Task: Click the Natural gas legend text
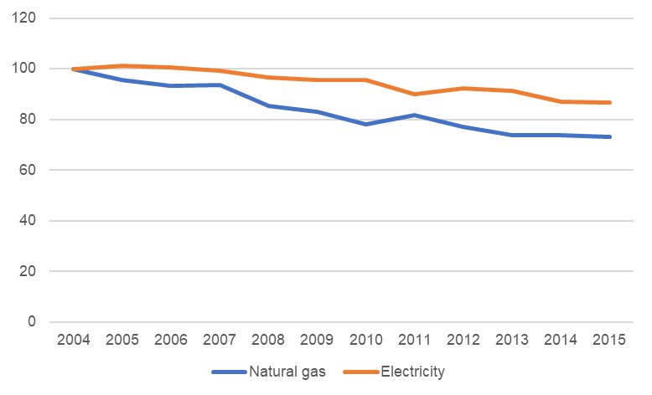288,371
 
